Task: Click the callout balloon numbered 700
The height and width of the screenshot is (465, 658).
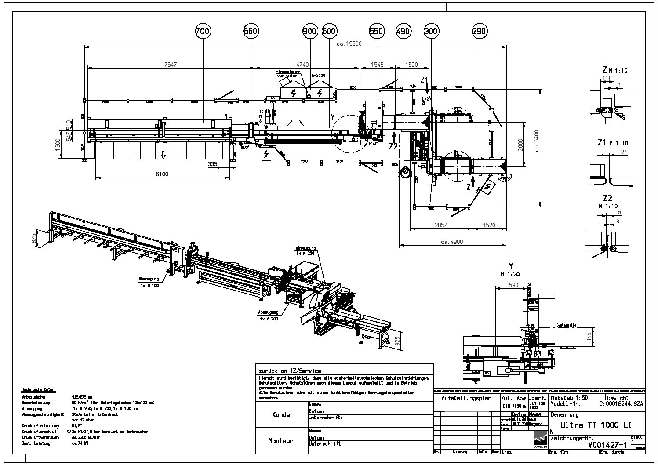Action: (203, 31)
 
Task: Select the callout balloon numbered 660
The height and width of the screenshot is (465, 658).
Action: (251, 31)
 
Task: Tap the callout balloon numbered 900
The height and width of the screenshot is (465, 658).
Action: (310, 31)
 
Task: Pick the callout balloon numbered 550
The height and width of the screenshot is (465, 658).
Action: (377, 31)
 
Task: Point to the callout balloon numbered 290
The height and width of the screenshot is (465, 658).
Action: (479, 31)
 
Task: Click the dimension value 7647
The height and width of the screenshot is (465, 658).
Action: (170, 65)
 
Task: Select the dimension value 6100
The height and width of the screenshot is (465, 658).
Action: (162, 174)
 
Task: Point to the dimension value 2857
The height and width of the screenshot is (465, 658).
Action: (441, 225)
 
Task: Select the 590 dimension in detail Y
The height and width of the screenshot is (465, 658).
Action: (513, 285)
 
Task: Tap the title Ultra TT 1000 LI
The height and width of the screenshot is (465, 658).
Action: (591, 425)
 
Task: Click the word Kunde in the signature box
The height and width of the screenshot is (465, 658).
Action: (281, 414)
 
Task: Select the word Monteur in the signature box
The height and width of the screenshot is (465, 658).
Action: (281, 441)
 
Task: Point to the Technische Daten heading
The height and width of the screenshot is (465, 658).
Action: (39, 390)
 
